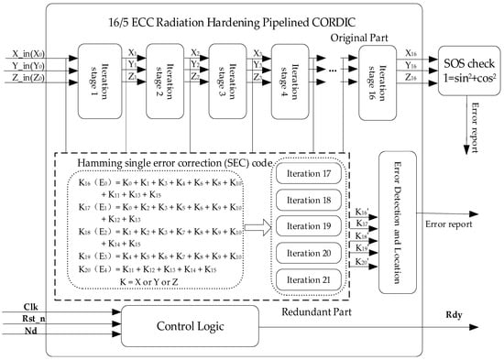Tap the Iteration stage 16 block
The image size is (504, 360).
(x=377, y=80)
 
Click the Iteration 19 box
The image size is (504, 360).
(x=308, y=225)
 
